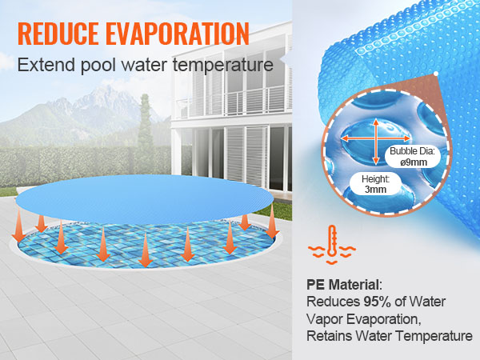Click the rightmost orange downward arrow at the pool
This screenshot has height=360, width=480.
click(273, 217)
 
